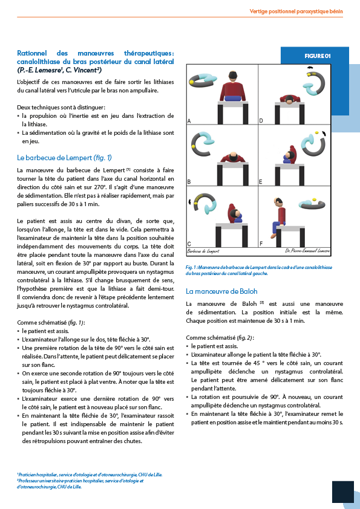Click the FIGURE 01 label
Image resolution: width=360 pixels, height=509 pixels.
click(318, 56)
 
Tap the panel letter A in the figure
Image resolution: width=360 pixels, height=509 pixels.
click(189, 121)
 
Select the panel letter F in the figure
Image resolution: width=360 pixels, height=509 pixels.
click(261, 244)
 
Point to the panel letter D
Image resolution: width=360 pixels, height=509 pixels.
click(261, 121)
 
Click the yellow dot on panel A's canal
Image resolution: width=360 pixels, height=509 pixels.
click(191, 83)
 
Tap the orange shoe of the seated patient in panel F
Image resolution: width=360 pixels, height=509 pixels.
click(273, 235)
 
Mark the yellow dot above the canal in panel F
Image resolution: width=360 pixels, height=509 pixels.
click(314, 199)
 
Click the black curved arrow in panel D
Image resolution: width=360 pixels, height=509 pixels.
click(310, 68)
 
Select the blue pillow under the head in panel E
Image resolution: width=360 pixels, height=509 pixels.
click(287, 159)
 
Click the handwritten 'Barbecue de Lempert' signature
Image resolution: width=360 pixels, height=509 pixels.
click(203, 251)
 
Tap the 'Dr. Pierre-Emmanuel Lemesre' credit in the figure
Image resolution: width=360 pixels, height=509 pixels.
click(307, 251)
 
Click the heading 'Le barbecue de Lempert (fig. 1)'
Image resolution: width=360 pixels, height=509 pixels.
click(64, 158)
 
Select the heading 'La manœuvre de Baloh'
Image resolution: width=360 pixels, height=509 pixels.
click(221, 291)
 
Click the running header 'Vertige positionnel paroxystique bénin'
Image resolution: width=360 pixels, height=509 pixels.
click(296, 11)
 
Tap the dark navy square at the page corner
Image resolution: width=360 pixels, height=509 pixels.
click(343, 492)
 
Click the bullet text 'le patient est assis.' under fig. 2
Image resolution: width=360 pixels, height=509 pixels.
click(214, 346)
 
